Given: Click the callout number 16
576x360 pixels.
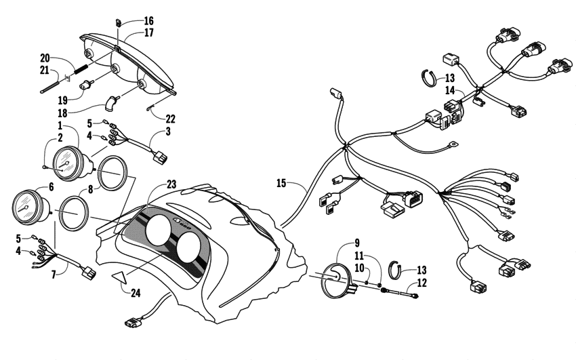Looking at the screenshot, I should pos(148,21).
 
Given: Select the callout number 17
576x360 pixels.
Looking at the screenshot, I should pos(148,32).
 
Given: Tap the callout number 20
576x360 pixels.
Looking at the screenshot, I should pos(45,57).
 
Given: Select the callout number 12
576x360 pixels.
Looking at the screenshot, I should pos(421,283).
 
